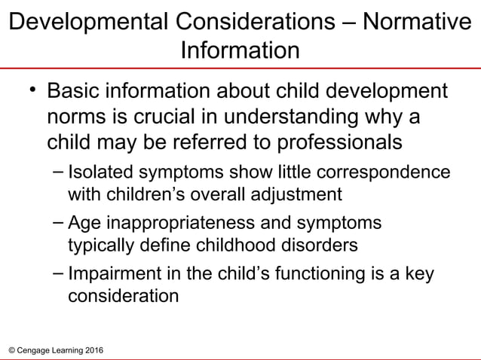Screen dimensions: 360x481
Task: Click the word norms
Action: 78,120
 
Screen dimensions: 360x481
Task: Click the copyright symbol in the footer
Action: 9,352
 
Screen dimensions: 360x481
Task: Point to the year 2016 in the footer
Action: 94,352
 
